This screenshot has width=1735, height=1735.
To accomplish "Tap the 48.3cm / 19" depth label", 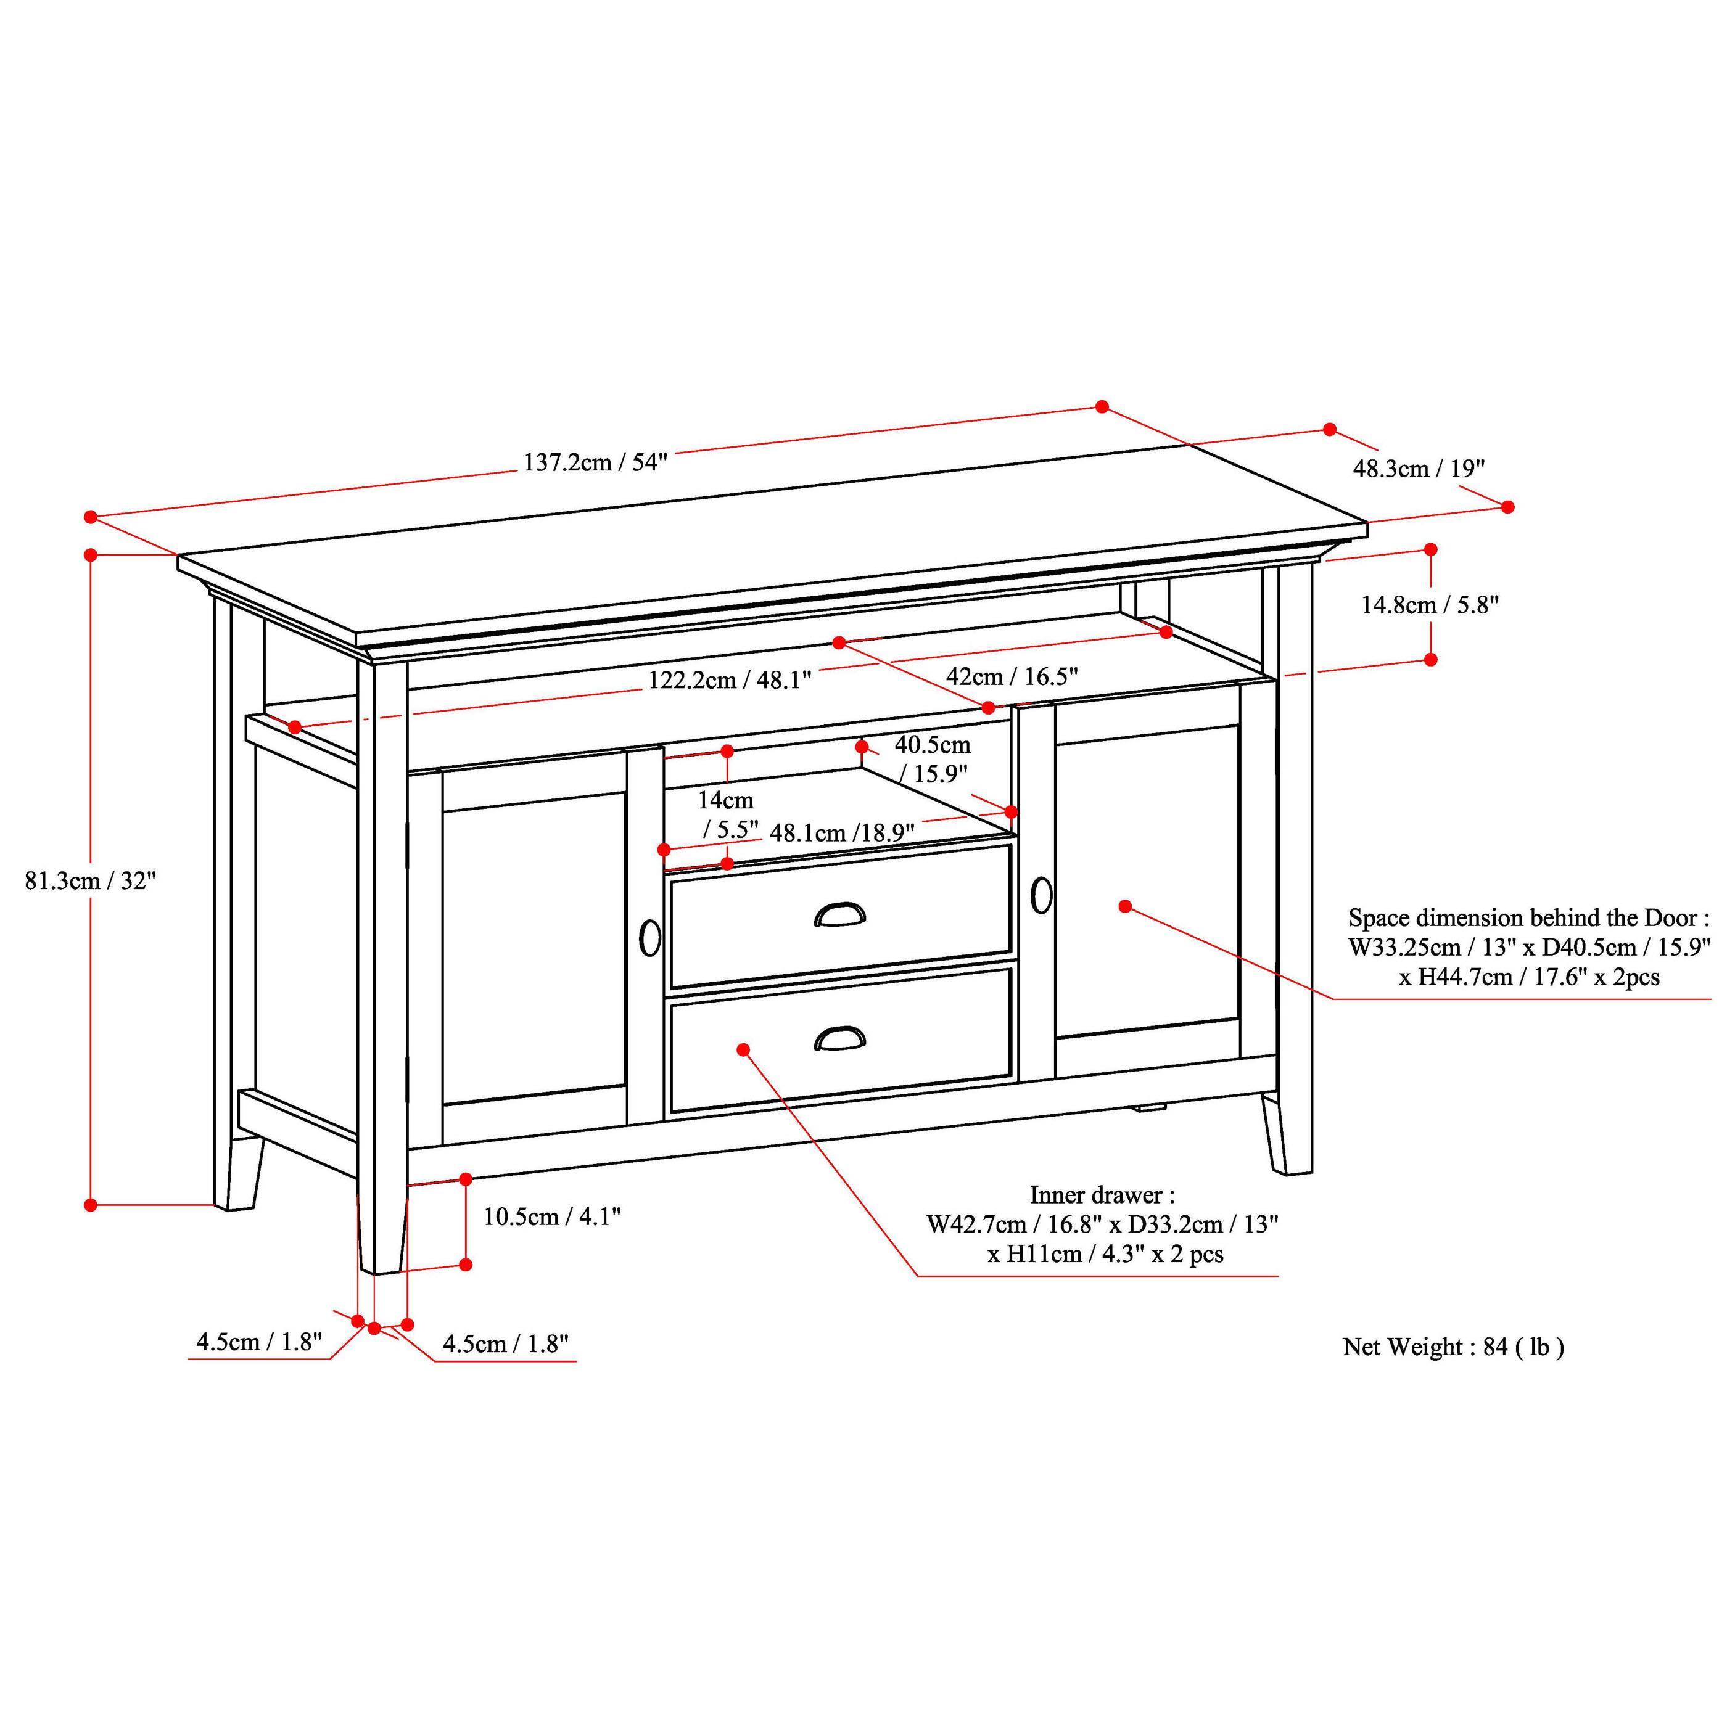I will [x=1419, y=469].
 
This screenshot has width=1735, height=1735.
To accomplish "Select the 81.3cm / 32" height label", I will [x=91, y=881].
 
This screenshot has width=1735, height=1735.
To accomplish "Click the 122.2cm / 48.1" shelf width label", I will [x=730, y=680].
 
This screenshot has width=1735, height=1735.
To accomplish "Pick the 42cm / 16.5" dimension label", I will [x=1012, y=676].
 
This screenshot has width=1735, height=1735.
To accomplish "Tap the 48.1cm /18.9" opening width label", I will [x=842, y=832].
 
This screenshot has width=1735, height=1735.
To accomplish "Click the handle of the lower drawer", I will [x=840, y=1038].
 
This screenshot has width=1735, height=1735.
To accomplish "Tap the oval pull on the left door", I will [x=649, y=938].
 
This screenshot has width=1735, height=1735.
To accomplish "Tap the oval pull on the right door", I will [x=1041, y=895].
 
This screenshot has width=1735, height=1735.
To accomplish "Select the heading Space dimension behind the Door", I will [x=1527, y=918].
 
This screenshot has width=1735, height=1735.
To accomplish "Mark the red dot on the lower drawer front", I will [x=743, y=1050].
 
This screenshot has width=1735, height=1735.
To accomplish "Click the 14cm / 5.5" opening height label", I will [x=728, y=814].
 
